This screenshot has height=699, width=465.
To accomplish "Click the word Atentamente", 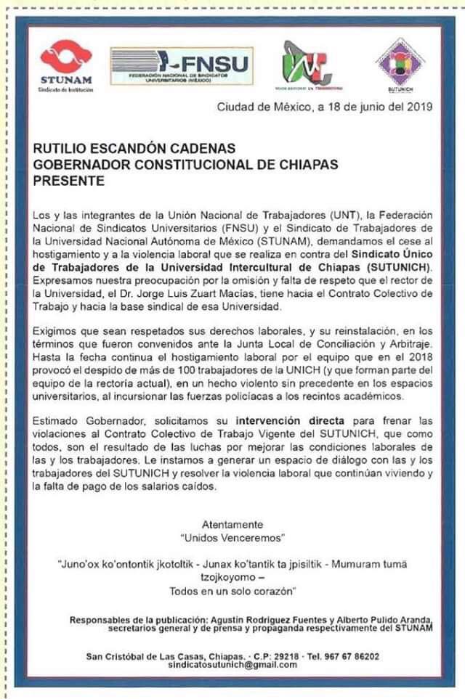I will pos(232,523).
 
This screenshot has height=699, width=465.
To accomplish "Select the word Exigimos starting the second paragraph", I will pos(58,330).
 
